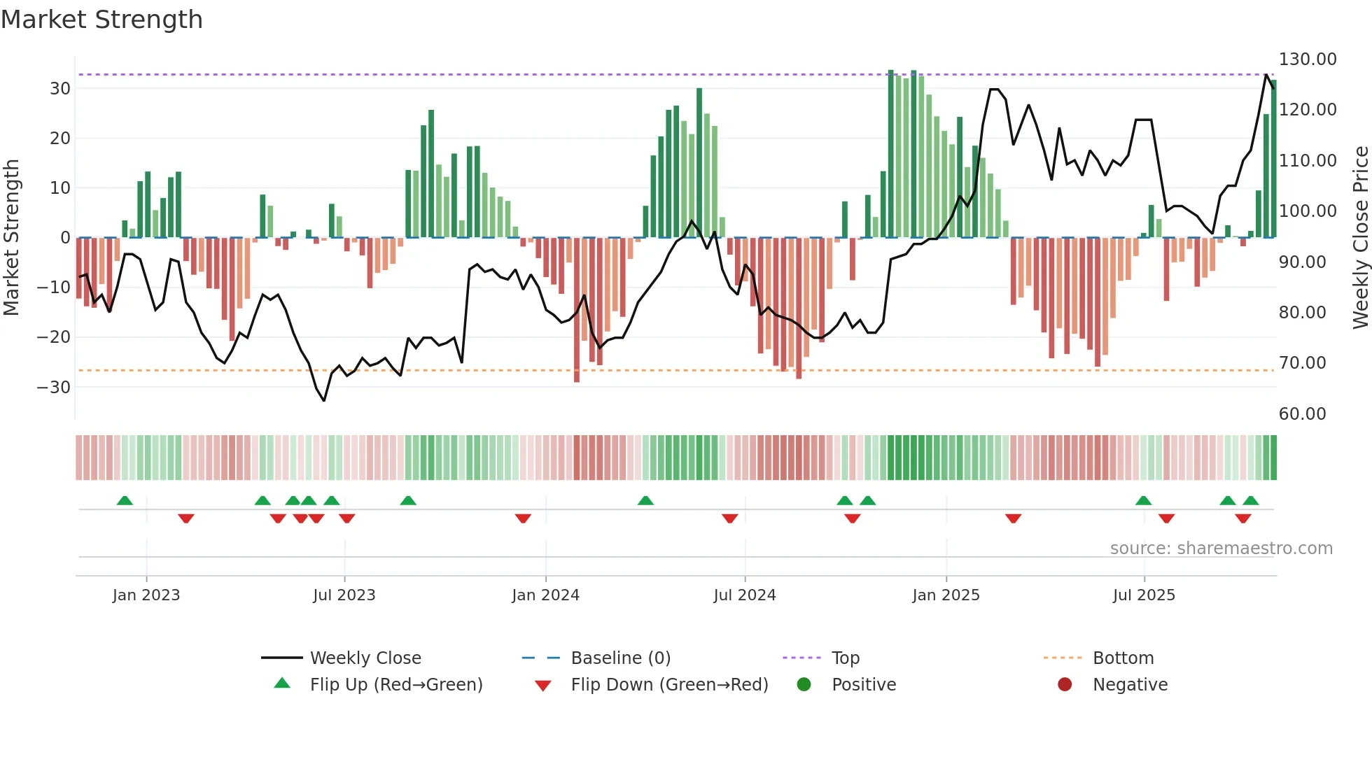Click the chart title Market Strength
click(101, 20)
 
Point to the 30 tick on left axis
click(60, 89)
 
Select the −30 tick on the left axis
click(54, 387)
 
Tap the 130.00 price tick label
click(1308, 59)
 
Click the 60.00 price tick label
click(1302, 414)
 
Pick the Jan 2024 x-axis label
click(545, 595)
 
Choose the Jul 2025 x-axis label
click(1144, 595)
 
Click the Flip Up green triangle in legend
click(282, 684)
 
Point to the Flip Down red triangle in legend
click(542, 686)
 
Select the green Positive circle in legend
click(804, 685)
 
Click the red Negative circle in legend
click(1065, 685)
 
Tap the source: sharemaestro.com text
click(1221, 549)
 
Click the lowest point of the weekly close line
click(324, 400)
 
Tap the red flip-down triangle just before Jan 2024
click(523, 518)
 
